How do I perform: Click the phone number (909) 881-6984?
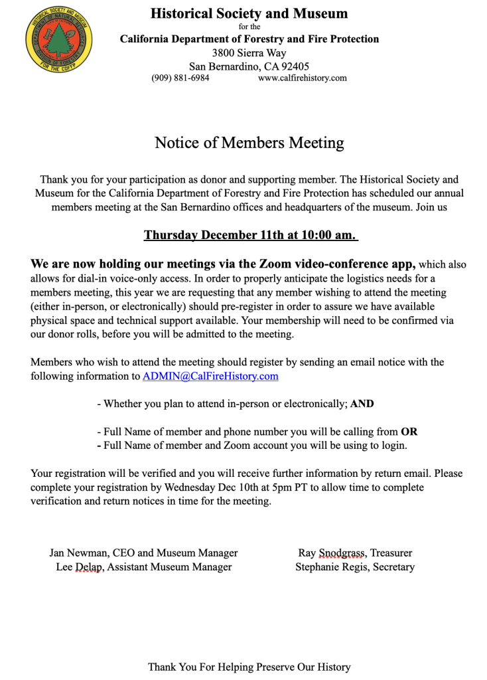180,78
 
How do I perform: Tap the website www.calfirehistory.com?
303,78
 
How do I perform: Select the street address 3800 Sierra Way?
249,52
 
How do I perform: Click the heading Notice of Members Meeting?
249,143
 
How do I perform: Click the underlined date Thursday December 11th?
212,235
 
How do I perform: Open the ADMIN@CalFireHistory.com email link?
210,376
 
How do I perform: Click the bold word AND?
362,403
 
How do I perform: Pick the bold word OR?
409,431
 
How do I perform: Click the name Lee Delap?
78,567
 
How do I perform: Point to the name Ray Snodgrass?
332,552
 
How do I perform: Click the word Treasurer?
391,552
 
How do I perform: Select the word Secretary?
393,567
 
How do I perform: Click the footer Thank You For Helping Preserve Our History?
249,667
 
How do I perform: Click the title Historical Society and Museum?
249,13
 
